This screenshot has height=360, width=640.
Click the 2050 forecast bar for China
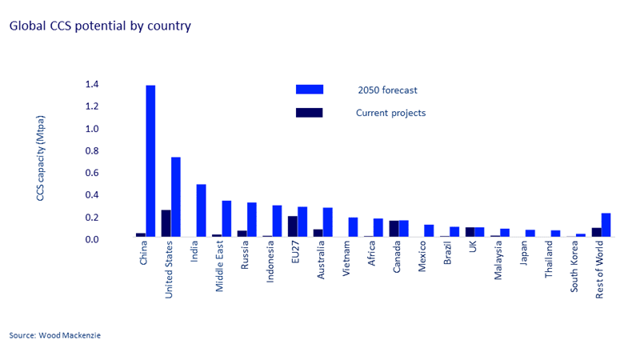coord(150,161)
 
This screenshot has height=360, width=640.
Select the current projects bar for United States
coord(166,223)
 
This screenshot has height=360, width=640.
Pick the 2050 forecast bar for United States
coord(176,197)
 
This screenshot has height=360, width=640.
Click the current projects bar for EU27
coord(293,226)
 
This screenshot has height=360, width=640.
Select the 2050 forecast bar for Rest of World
coord(606,225)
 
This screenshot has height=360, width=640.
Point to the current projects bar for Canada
coord(394,229)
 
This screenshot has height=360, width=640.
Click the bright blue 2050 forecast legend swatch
coord(309,90)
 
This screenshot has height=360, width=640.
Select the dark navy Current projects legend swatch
coord(309,113)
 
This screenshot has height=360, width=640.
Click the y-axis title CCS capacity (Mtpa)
coord(40,161)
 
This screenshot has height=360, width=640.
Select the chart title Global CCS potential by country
coord(100,26)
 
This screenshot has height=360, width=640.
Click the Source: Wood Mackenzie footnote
coord(55,335)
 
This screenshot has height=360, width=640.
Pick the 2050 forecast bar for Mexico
coord(429,230)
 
